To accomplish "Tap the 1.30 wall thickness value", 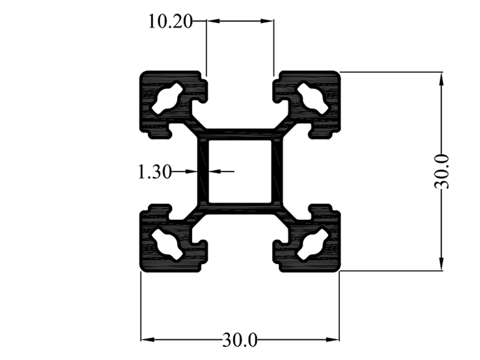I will coord(154,171).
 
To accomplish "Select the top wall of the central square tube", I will coord(240,134).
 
